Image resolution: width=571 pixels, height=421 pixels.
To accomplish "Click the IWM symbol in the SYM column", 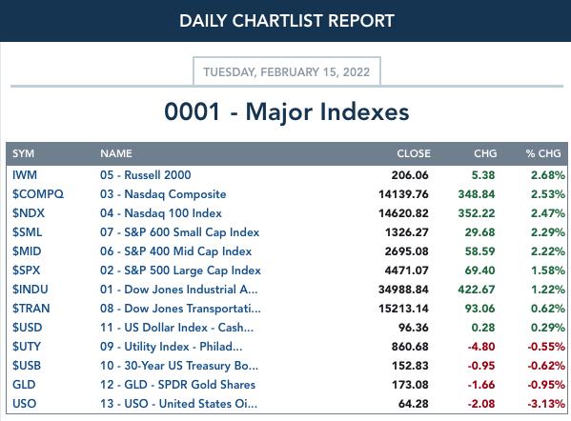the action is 25,175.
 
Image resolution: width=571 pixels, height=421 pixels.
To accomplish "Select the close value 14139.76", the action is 403,194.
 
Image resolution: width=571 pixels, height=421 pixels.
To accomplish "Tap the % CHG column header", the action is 543,153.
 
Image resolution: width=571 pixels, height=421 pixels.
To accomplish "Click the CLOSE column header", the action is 414,153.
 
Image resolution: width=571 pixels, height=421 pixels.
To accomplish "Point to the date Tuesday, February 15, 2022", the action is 287,71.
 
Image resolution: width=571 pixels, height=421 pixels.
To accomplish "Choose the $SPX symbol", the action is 27,271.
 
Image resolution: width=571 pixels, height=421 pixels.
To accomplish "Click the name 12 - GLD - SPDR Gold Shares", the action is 177,385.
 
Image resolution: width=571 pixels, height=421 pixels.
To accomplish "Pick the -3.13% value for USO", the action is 546,404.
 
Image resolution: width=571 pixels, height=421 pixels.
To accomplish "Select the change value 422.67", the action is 477,290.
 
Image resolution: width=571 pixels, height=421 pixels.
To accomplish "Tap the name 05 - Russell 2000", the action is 145,175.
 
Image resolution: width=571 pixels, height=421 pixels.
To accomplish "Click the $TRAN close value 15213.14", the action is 403,309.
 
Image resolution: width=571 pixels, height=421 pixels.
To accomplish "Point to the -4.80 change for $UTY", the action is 481,347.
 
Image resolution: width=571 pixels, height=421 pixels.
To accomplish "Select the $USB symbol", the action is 27,366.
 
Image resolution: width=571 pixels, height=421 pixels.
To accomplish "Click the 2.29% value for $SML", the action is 548,232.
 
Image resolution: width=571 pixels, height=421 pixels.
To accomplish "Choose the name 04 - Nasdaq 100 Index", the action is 161,213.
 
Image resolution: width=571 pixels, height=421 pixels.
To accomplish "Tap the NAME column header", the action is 116,153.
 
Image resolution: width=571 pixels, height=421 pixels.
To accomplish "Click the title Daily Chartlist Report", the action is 287,21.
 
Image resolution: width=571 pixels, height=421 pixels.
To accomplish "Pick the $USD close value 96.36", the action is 414,328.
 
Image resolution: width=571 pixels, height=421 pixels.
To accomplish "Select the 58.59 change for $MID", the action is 479,251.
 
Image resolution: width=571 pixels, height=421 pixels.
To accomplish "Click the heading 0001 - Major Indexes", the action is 287,111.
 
